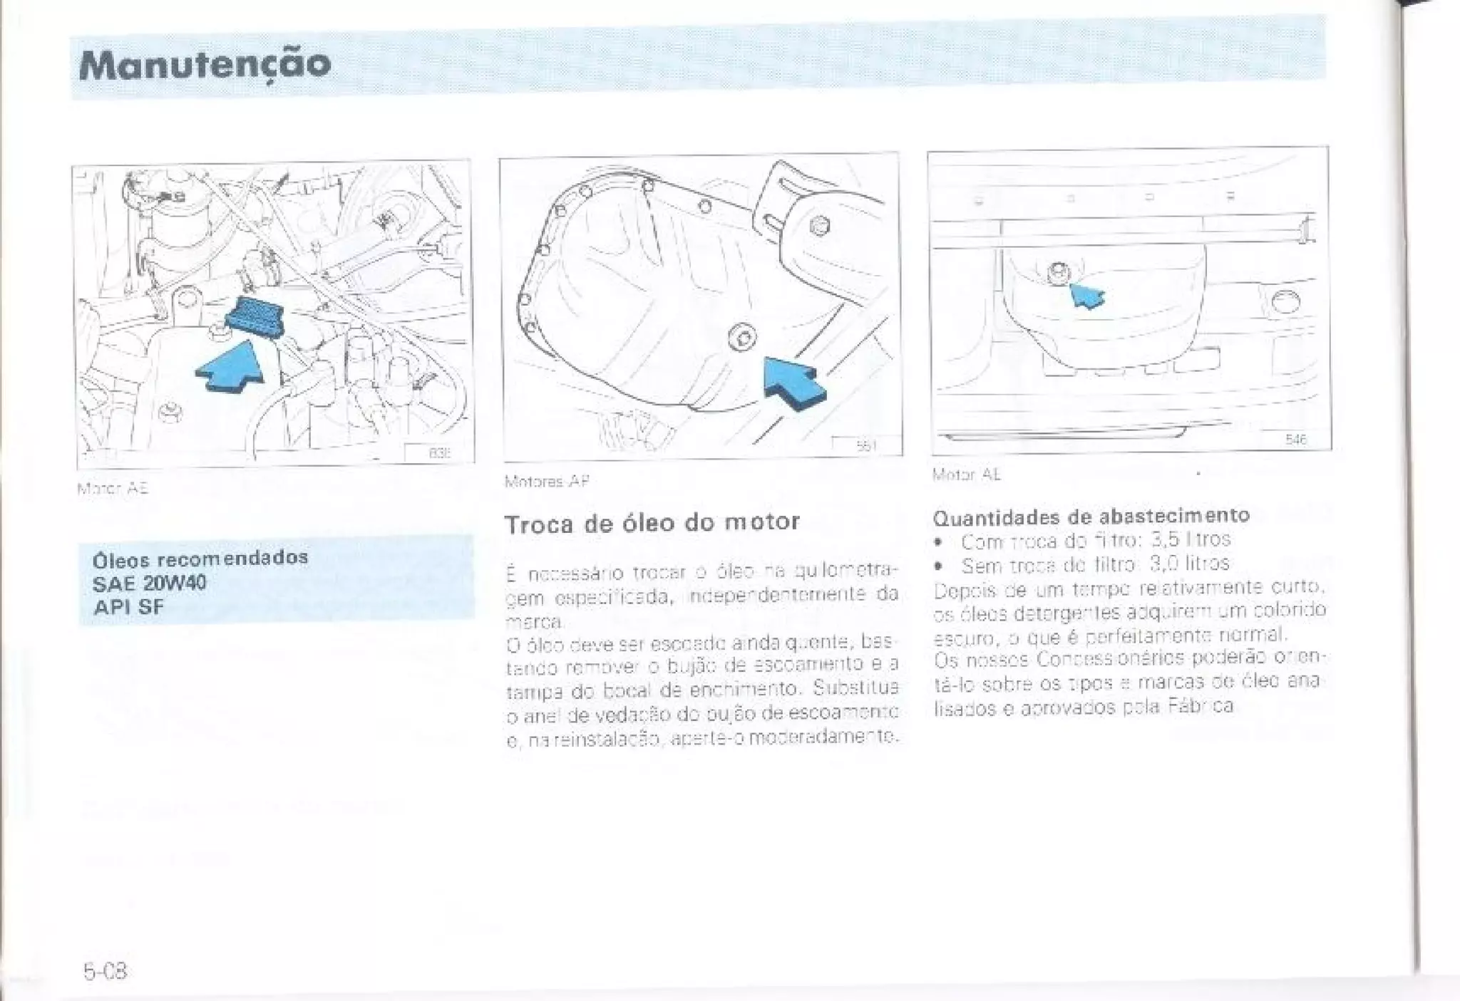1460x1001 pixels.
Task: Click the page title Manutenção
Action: click(205, 64)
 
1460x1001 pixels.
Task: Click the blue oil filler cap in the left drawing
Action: click(255, 313)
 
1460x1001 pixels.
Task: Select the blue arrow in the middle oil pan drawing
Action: click(793, 383)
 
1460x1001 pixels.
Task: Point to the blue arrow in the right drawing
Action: click(1087, 295)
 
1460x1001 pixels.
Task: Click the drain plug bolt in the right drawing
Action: click(1059, 272)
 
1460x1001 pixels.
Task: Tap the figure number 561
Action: click(865, 446)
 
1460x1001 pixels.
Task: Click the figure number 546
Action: click(1295, 440)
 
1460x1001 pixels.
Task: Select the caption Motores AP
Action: click(547, 481)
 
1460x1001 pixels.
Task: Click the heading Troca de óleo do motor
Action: click(652, 522)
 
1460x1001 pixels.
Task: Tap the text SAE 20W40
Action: click(149, 583)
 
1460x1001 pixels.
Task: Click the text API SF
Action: click(128, 607)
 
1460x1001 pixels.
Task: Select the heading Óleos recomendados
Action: click(200, 557)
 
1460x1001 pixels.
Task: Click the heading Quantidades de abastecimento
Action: click(1091, 515)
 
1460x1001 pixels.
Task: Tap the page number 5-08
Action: click(105, 971)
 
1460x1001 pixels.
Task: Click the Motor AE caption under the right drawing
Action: click(966, 474)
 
